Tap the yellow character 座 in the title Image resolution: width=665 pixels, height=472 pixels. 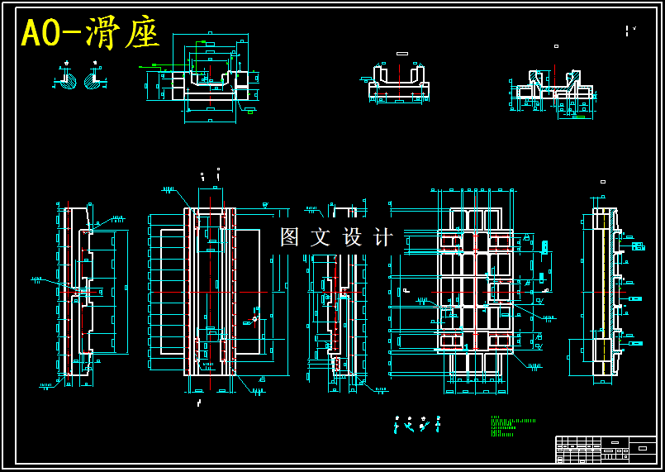click(x=142, y=34)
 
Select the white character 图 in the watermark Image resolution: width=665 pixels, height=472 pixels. click(x=290, y=237)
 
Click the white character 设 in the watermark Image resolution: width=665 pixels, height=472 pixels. click(x=353, y=237)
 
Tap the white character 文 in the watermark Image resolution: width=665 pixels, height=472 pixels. click(x=321, y=237)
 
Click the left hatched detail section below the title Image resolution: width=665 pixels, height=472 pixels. click(x=67, y=81)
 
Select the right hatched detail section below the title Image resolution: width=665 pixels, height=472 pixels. click(x=93, y=81)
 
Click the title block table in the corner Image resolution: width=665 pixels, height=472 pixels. click(x=606, y=449)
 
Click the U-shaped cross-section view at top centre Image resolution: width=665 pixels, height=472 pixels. click(x=398, y=83)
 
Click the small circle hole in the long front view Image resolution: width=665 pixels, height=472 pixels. click(x=255, y=318)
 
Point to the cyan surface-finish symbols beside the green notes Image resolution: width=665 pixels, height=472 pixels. click(x=417, y=425)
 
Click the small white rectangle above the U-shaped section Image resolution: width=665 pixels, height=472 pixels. click(x=402, y=54)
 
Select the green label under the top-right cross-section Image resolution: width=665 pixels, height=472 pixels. click(x=578, y=117)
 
